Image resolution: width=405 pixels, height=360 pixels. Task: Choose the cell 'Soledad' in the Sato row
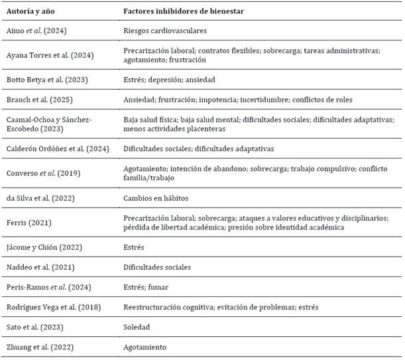tap(137, 327)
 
